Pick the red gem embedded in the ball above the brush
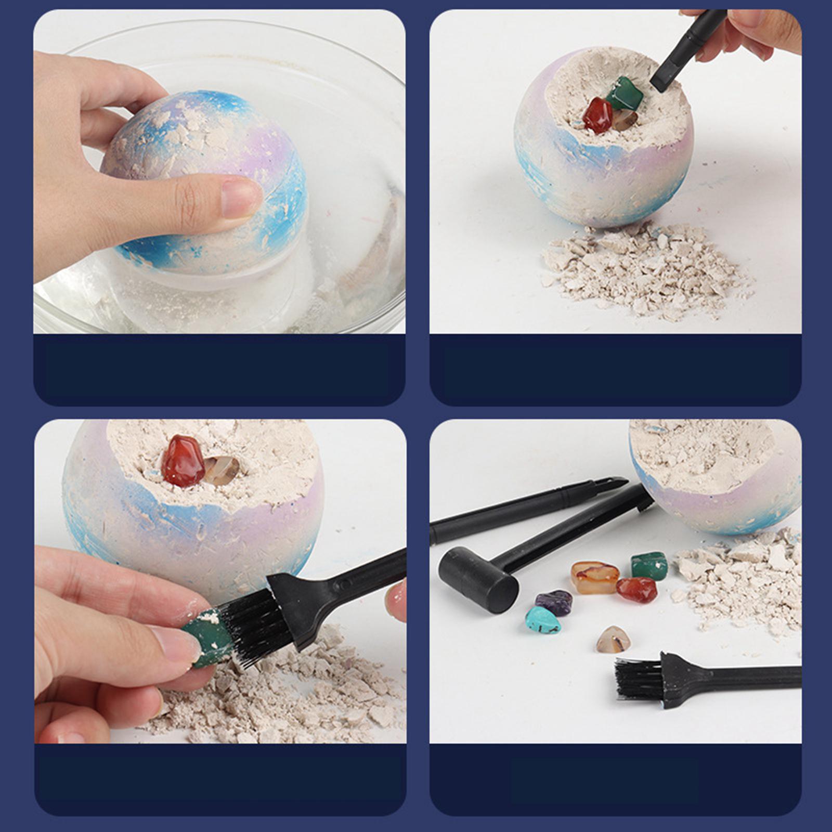[183, 461]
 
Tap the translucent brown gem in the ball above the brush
[221, 470]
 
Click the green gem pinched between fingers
[208, 637]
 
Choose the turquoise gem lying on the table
[543, 620]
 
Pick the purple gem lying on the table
[554, 602]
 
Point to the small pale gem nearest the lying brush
[614, 640]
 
